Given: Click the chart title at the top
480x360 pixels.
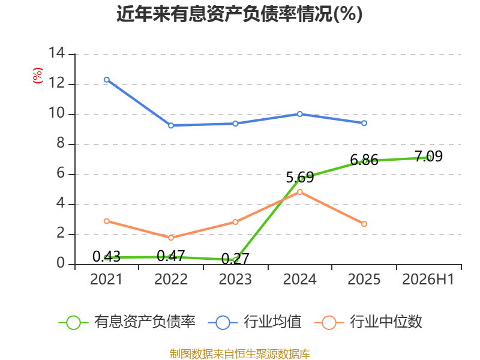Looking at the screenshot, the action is point(239,14).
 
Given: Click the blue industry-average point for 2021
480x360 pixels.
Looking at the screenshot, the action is point(107,80).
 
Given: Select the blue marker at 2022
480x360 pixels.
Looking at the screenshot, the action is point(171,125).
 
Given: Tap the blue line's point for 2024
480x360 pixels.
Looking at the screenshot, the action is point(299,114).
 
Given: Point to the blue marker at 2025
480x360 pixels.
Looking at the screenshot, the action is point(364,123).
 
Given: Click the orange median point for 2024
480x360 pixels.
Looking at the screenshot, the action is point(299,192).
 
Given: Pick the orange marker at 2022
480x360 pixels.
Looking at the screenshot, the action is point(171,238).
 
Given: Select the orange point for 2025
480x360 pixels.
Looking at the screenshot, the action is point(364,224).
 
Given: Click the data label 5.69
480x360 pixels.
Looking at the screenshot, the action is point(300,178).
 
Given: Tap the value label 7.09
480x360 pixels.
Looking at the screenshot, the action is point(428,156).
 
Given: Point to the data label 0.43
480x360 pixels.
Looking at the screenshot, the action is point(107,257).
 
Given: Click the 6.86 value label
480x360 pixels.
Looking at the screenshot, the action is point(364,160).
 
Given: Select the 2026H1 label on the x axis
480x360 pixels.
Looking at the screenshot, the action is point(428,279).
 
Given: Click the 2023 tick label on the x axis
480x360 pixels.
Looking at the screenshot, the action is point(235,279).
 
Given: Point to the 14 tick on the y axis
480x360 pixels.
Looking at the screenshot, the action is point(57,53).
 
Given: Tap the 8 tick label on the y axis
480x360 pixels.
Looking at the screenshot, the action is point(61,143).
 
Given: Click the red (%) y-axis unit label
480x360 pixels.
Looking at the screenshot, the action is point(38,76).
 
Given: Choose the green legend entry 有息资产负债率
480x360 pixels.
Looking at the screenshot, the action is point(127,322).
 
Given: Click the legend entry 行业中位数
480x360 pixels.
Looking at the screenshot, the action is point(368,322).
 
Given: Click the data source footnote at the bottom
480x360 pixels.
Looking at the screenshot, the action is point(240,354).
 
